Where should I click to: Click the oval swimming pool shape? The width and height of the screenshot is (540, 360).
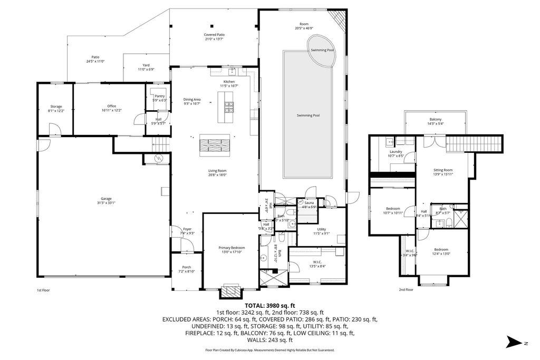[322, 51]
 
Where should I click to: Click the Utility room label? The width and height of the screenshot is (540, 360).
[322, 230]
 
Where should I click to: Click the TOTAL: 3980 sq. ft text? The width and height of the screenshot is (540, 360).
[269, 305]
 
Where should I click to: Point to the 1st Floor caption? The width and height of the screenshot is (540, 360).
[43, 290]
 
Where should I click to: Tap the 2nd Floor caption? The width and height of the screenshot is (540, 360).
[406, 289]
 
